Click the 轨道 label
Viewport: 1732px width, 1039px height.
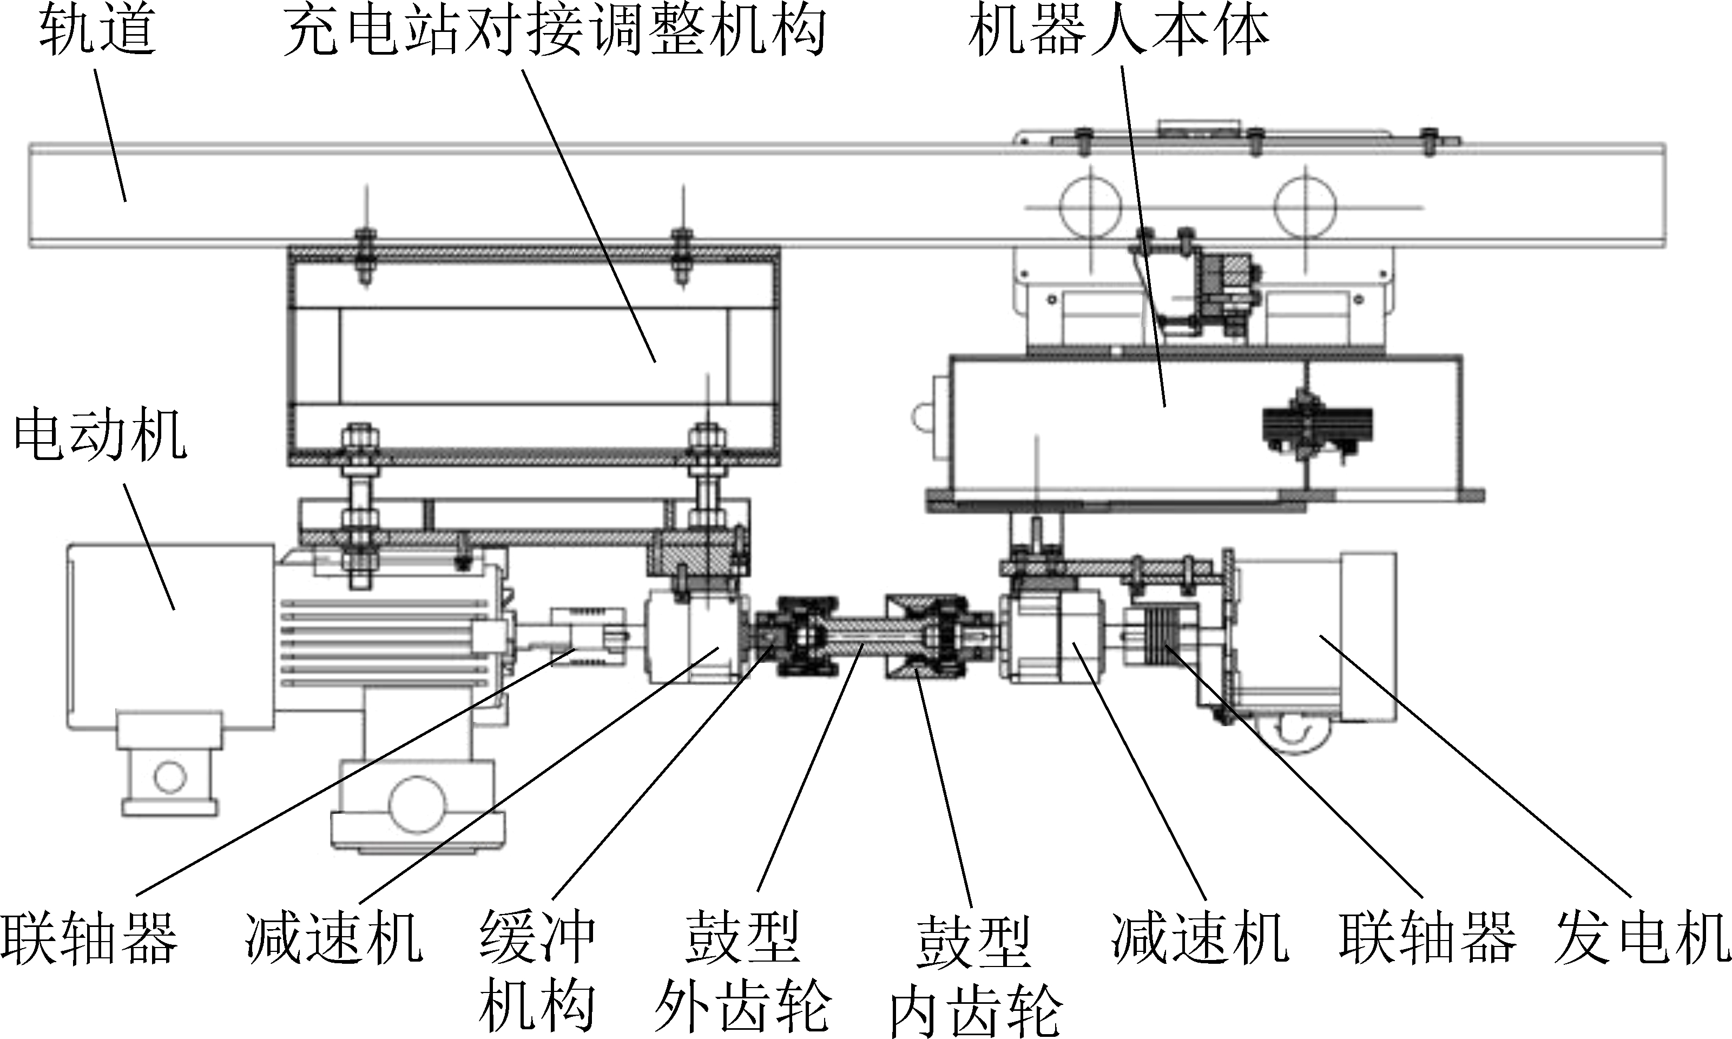(x=97, y=31)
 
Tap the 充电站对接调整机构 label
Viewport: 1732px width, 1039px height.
(x=554, y=31)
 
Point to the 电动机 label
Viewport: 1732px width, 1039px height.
(x=100, y=436)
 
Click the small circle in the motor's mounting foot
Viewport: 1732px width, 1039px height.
(x=170, y=777)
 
